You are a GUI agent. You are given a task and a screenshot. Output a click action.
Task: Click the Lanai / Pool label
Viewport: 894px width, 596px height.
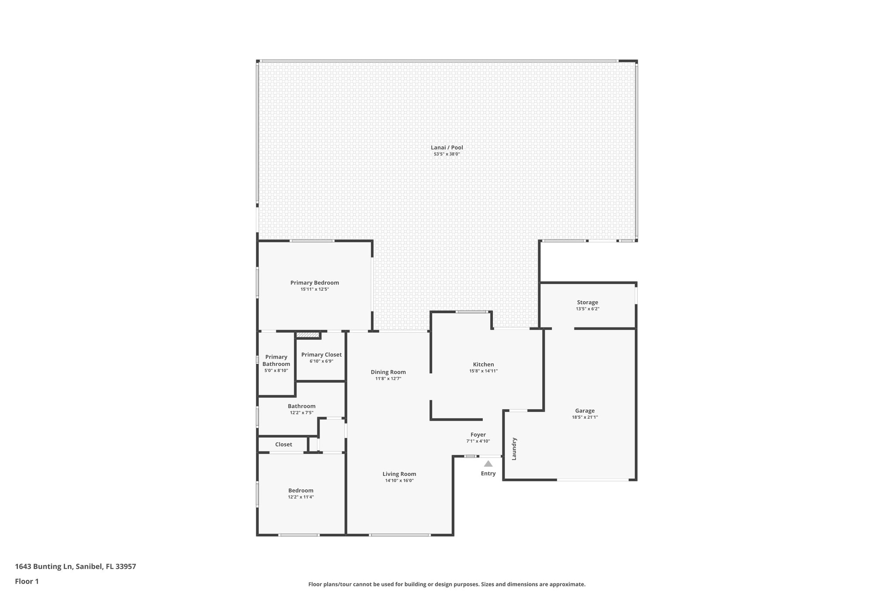447,148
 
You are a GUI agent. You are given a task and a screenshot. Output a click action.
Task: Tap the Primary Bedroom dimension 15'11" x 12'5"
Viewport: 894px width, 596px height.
314,289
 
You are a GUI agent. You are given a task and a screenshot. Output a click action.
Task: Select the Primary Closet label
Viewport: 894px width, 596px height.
321,355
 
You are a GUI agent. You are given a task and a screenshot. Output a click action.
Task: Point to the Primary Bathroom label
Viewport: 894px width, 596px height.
276,360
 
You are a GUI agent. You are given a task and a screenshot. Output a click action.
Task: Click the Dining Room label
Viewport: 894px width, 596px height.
388,372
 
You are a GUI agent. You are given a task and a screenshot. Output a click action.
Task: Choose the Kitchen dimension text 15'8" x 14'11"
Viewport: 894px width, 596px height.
483,371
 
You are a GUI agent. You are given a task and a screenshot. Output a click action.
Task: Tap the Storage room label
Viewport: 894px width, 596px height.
587,302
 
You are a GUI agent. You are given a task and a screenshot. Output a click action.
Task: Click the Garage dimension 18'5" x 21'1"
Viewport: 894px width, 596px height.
585,417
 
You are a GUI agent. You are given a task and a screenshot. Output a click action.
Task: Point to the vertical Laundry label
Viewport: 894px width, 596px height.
514,448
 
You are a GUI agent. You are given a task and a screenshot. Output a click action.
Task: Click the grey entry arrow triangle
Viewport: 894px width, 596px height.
488,464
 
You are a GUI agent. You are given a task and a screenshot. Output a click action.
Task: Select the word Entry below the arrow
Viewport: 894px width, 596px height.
488,473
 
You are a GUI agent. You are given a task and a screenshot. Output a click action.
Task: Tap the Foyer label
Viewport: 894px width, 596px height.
478,434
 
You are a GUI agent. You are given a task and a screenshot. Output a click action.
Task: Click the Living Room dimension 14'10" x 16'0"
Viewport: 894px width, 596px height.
399,480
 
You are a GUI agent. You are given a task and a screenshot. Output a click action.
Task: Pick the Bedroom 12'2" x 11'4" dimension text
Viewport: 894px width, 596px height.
300,497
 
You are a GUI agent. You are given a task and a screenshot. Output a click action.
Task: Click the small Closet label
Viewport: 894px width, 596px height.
283,444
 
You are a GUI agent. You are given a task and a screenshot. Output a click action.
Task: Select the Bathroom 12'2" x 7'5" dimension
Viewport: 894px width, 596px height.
301,413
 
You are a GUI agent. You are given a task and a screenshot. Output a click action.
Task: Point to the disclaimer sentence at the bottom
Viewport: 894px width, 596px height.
447,584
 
